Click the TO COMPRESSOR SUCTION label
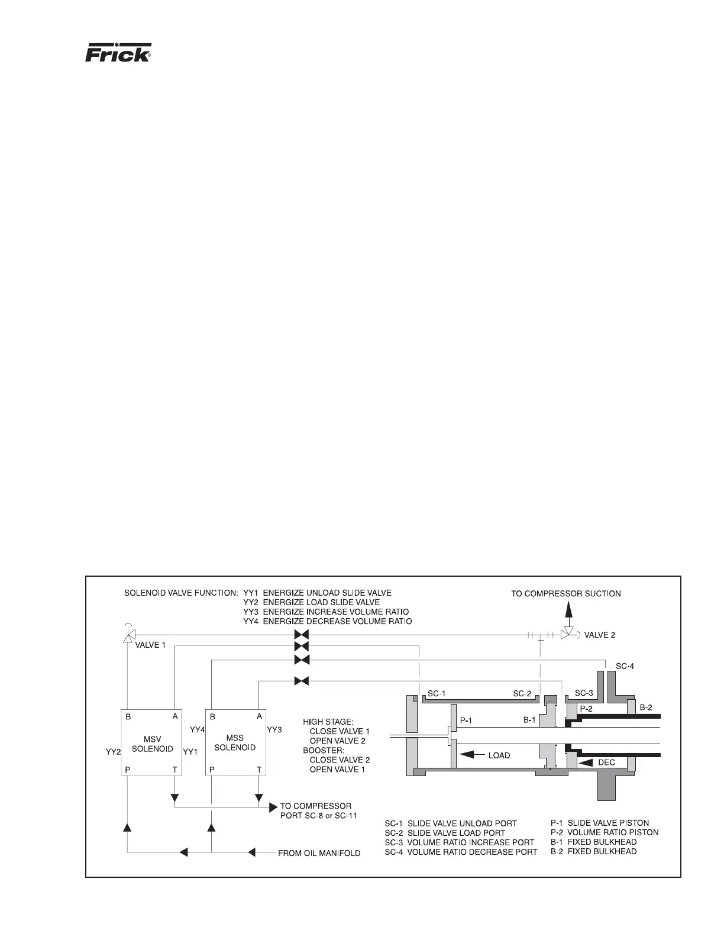click(x=565, y=593)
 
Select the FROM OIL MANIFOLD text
click(x=319, y=853)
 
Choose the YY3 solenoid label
click(x=274, y=729)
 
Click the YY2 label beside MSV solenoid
click(x=112, y=751)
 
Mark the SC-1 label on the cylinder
click(x=437, y=693)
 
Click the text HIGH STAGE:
click(x=328, y=722)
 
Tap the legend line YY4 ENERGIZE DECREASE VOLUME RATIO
click(x=327, y=621)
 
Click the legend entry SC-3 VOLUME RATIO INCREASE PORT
click(x=459, y=842)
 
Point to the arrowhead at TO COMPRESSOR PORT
click(x=274, y=806)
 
